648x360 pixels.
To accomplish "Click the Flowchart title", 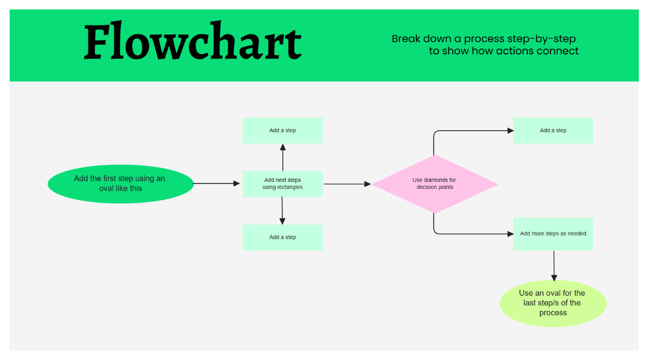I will pyautogui.click(x=193, y=42).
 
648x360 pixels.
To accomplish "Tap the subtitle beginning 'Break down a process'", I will pyautogui.click(x=484, y=45).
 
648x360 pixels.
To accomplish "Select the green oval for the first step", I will pyautogui.click(x=120, y=184).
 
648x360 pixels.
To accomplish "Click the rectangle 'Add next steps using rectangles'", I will pyautogui.click(x=282, y=184).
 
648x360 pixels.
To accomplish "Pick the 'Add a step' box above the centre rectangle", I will pyautogui.click(x=282, y=131).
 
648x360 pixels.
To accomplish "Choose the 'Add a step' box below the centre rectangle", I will pyautogui.click(x=282, y=237).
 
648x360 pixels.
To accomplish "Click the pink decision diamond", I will pyautogui.click(x=435, y=184).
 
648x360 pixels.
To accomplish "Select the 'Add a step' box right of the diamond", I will pyautogui.click(x=553, y=131).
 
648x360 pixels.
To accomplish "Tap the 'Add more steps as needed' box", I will pyautogui.click(x=553, y=234).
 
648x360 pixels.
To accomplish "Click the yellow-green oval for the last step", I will pyautogui.click(x=553, y=303).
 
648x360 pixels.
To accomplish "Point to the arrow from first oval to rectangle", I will pyautogui.click(x=216, y=184).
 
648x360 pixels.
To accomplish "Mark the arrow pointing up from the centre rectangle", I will pyautogui.click(x=282, y=157).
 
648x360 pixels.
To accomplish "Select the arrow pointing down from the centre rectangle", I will pyautogui.click(x=282, y=210).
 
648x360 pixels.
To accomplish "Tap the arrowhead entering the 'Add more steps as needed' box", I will pyautogui.click(x=509, y=234).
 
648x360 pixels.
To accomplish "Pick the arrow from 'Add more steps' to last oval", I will pyautogui.click(x=553, y=265).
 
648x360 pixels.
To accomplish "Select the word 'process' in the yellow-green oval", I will pyautogui.click(x=553, y=313).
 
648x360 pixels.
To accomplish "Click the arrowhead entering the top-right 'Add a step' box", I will pyautogui.click(x=509, y=131).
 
